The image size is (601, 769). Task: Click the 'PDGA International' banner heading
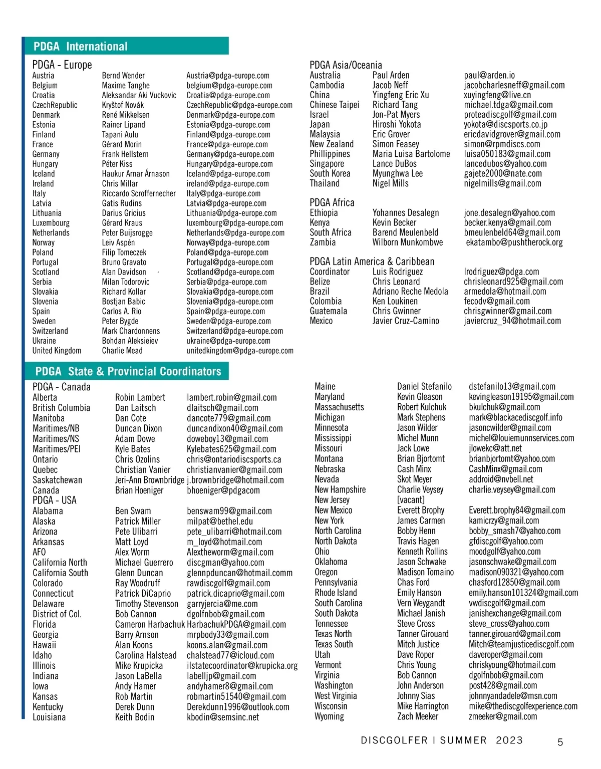pos(81,47)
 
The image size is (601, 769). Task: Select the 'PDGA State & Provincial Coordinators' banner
pos(128,371)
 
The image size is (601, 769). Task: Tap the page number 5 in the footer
pos(560,742)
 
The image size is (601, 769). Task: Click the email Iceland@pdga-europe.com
pos(228,174)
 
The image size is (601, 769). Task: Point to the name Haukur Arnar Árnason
pos(136,174)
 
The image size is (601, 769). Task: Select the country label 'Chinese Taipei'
pos(335,105)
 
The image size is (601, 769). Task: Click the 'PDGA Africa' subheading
pos(332,202)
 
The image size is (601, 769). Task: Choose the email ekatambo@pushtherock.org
pos(514,242)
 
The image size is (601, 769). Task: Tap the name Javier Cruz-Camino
pos(406,321)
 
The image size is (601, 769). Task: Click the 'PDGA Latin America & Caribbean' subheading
pos(372,261)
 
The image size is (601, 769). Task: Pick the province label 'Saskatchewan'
pos(57,480)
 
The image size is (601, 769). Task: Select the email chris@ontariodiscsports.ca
pos(234,459)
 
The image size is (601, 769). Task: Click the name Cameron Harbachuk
pos(150,624)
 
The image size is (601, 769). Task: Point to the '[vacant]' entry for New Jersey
pos(411,499)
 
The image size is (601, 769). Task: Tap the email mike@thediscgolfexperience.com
pos(523,706)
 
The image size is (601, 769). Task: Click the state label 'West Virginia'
pos(336,696)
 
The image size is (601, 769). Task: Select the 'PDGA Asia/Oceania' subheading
pos(346,65)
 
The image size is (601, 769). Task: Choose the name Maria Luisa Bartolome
pos(411,154)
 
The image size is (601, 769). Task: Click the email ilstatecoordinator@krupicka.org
pos(242,666)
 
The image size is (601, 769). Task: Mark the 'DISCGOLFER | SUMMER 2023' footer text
pos(441,740)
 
